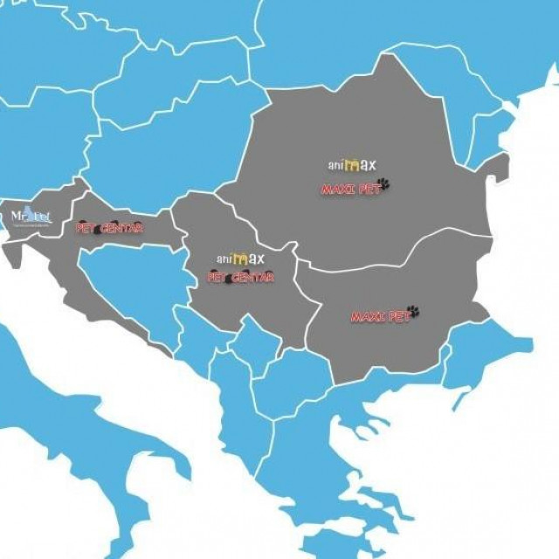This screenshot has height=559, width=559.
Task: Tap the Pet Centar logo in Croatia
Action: click(x=109, y=228)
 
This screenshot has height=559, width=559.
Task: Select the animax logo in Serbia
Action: click(x=240, y=259)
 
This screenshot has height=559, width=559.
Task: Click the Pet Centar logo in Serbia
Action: click(x=240, y=278)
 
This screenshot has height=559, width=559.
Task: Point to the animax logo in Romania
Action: click(x=352, y=164)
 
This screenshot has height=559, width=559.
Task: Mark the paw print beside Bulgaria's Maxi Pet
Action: click(x=412, y=311)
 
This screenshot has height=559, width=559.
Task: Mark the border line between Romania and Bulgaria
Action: click(x=393, y=253)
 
